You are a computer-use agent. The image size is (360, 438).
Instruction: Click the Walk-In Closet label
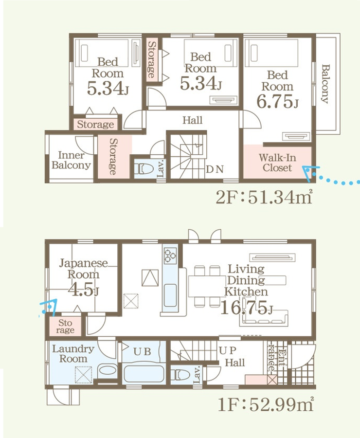tap(277, 163)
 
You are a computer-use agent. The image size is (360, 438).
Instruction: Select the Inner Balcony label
tap(71, 160)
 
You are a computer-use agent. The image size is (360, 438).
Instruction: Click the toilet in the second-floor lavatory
tap(144, 169)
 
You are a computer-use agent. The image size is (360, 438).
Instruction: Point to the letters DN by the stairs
tap(215, 169)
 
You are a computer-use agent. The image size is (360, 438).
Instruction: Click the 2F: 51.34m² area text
tap(264, 198)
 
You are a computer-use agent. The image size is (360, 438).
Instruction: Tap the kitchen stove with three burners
tap(170, 255)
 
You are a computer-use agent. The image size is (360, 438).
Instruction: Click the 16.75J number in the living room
tap(246, 308)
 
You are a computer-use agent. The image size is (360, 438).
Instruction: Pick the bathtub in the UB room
tap(144, 374)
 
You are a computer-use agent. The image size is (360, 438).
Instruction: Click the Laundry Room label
tap(73, 354)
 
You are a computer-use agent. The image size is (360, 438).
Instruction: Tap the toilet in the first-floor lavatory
tap(180, 375)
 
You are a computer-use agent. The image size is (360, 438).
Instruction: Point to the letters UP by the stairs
tap(228, 350)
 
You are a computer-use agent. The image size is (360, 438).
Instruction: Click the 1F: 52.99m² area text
tap(266, 404)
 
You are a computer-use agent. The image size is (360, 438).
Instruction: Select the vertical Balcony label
tap(325, 84)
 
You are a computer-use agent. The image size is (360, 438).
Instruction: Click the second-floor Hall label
tap(193, 120)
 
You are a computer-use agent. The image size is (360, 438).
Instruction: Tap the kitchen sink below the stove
tap(170, 295)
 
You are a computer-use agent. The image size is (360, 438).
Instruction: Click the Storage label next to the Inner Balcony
tap(113, 156)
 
